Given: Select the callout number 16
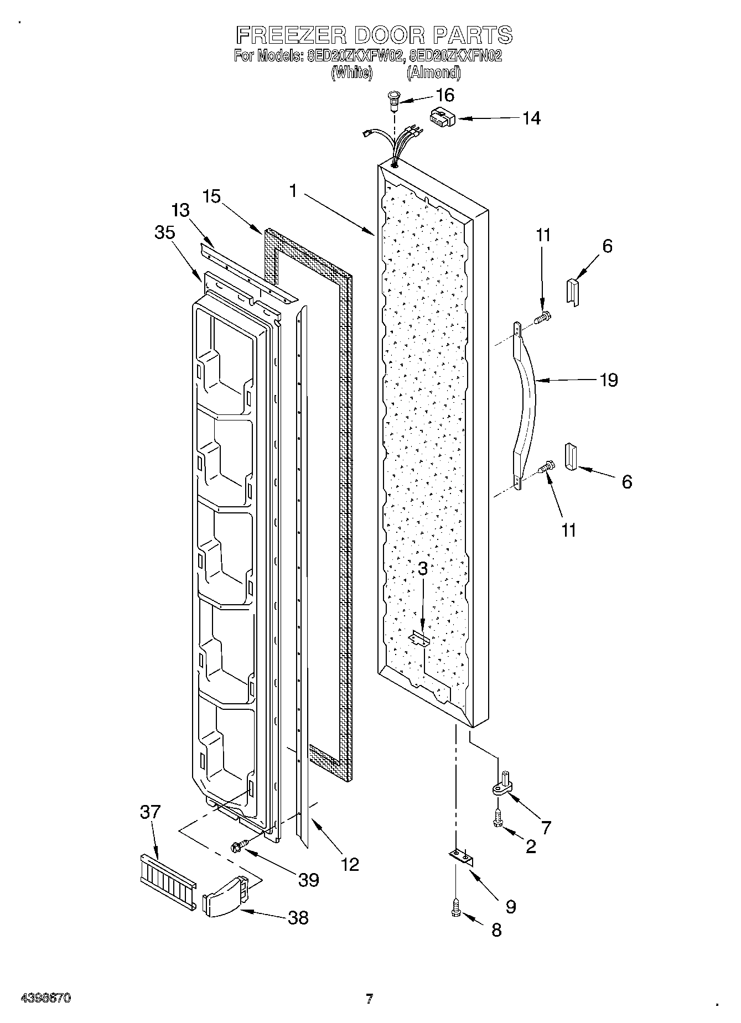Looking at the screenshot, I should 445,95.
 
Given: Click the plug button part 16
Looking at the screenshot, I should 393,100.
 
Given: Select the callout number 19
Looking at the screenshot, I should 609,380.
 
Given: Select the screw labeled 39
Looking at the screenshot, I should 239,845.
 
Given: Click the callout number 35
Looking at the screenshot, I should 165,232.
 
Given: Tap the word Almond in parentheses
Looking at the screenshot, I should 433,72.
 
